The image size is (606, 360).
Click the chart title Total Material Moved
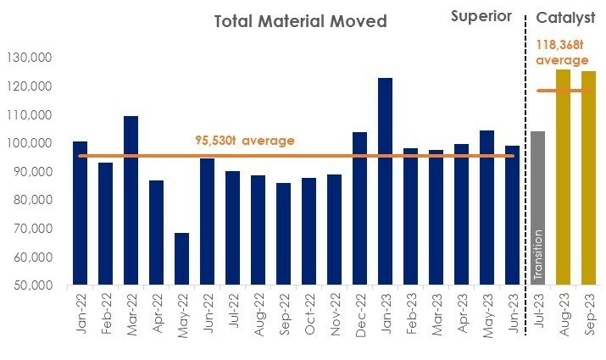click(x=301, y=21)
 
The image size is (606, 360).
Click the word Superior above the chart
click(x=481, y=16)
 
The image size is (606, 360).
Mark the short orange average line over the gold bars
click(x=563, y=91)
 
